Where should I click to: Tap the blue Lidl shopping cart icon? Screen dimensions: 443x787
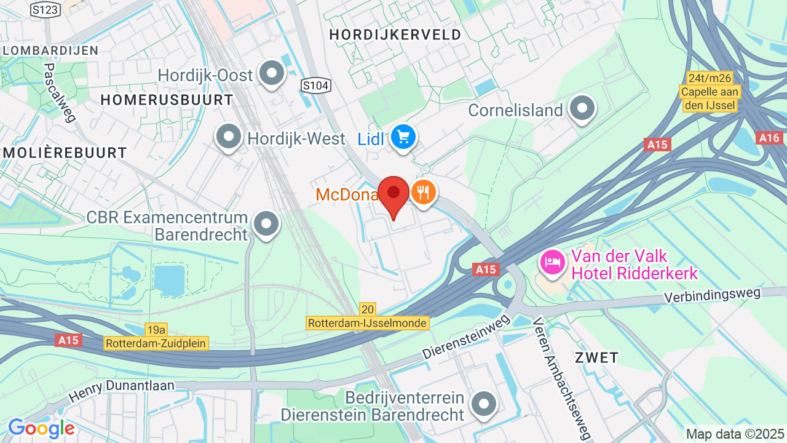tap(403, 137)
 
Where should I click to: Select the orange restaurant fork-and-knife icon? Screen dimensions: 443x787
tap(423, 193)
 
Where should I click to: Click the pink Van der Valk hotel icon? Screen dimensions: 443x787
tap(552, 262)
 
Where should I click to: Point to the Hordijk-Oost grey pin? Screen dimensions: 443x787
tap(271, 74)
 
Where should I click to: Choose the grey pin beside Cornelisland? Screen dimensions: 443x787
tap(581, 109)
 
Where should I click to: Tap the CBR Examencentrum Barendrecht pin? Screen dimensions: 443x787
tap(266, 225)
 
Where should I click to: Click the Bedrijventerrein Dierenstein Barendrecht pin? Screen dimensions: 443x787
tap(483, 404)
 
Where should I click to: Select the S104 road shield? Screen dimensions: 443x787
tap(315, 86)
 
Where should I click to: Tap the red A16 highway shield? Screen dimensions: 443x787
tap(770, 138)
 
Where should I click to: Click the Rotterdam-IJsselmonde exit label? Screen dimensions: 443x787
tap(368, 322)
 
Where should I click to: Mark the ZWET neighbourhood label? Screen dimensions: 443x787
tap(596, 357)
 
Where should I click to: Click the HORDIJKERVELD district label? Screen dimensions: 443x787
tap(395, 34)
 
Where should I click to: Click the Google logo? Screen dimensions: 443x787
tap(41, 428)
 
